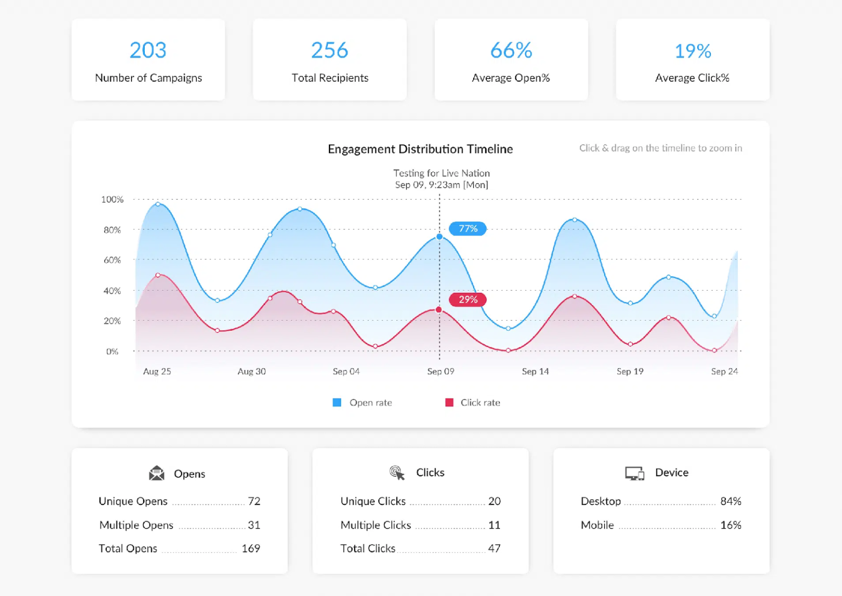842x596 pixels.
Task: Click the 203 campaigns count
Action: click(148, 50)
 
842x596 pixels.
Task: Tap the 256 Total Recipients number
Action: click(329, 50)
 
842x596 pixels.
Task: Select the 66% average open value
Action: click(511, 50)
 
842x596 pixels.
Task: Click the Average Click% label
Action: click(692, 78)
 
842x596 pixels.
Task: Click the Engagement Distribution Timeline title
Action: click(420, 149)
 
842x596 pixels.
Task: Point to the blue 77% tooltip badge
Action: click(468, 229)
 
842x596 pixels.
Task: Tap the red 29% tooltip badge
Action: click(468, 299)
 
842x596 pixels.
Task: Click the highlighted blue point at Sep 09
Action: click(440, 237)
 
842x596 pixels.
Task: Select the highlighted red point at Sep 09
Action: click(439, 310)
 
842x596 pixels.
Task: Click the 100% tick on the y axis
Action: click(112, 200)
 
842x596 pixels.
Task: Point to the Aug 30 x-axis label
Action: click(252, 372)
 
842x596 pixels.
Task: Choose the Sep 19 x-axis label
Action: click(630, 372)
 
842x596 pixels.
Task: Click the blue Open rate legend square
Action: click(337, 402)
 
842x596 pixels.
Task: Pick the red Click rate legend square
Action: click(450, 402)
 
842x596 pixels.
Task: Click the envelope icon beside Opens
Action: click(157, 473)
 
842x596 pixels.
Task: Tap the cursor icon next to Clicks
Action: click(397, 473)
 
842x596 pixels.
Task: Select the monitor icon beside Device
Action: click(634, 473)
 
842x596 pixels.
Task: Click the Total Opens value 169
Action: click(251, 548)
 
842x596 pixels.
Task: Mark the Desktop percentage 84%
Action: click(730, 501)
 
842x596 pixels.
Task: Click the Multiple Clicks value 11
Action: click(494, 525)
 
